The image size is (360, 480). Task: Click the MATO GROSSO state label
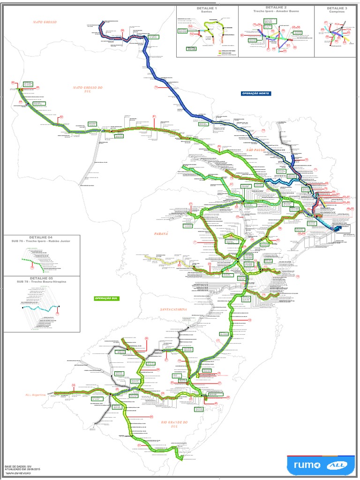tap(45, 22)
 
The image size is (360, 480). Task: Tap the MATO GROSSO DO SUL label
tap(88, 90)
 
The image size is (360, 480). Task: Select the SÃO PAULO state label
tap(256, 150)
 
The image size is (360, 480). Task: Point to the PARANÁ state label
tap(161, 233)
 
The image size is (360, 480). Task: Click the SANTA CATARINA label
tap(173, 310)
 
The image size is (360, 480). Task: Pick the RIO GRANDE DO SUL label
tap(174, 425)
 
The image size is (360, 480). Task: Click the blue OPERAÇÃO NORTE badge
tap(255, 94)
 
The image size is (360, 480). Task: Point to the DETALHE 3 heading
tap(337, 8)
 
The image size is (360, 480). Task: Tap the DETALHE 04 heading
tap(42, 238)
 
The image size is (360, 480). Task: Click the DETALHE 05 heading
tap(42, 277)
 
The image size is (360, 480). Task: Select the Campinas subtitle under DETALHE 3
tap(337, 12)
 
